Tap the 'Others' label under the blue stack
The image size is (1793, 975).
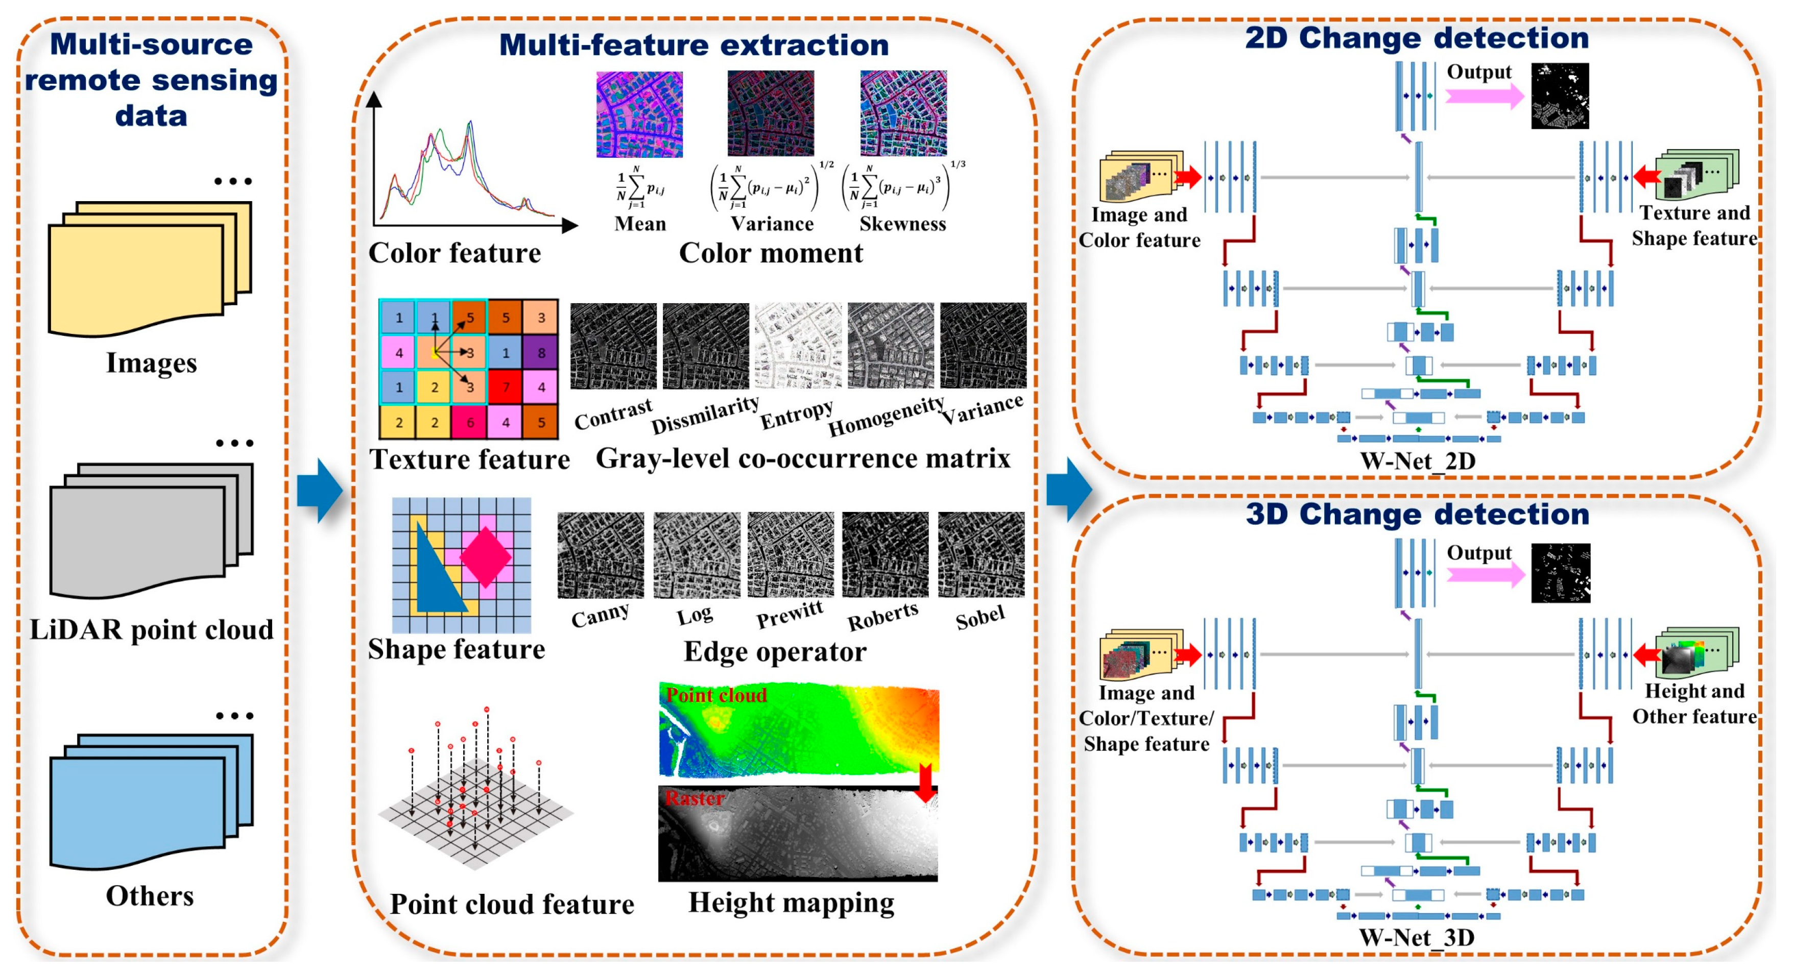150,896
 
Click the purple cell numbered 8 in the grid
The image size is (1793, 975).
541,352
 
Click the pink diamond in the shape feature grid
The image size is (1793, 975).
485,557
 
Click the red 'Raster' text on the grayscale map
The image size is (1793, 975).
694,798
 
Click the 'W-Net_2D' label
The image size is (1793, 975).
1417,461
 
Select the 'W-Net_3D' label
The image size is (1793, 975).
1417,937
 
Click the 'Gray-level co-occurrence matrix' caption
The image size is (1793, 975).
802,458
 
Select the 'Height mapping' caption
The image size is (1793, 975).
792,903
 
